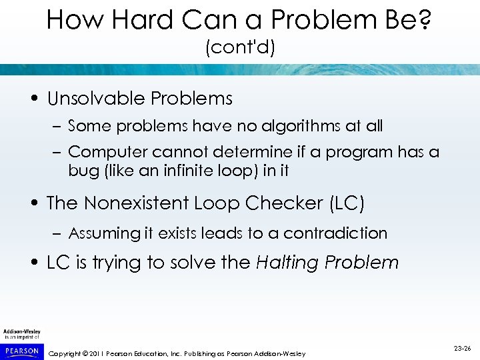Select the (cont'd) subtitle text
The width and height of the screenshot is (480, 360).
(240, 49)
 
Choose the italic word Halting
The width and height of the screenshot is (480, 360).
(287, 263)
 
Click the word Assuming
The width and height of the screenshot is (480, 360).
(103, 233)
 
